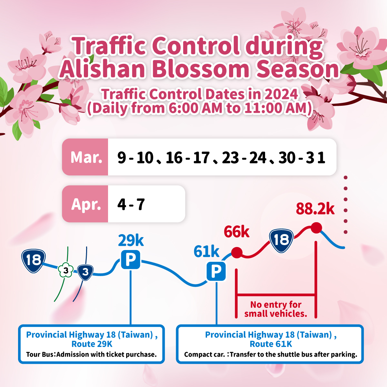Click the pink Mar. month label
pyautogui.click(x=86, y=157)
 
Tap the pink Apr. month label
pyautogui.click(x=86, y=204)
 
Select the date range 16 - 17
pyautogui.click(x=188, y=158)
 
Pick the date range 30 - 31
pyautogui.click(x=302, y=158)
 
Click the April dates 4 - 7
pyautogui.click(x=131, y=204)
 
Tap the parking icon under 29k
pyautogui.click(x=131, y=260)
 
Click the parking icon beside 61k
pyautogui.click(x=216, y=271)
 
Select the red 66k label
pyautogui.click(x=237, y=232)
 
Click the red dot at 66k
pyautogui.click(x=237, y=253)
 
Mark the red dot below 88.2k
pyautogui.click(x=316, y=228)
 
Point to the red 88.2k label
pyautogui.click(x=315, y=209)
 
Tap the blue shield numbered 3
pyautogui.click(x=85, y=272)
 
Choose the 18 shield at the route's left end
pyautogui.click(x=34, y=261)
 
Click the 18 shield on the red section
pyautogui.click(x=281, y=240)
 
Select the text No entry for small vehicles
pyautogui.click(x=276, y=309)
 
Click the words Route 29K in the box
pyautogui.click(x=92, y=344)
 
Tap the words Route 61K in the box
pyautogui.click(x=271, y=344)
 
